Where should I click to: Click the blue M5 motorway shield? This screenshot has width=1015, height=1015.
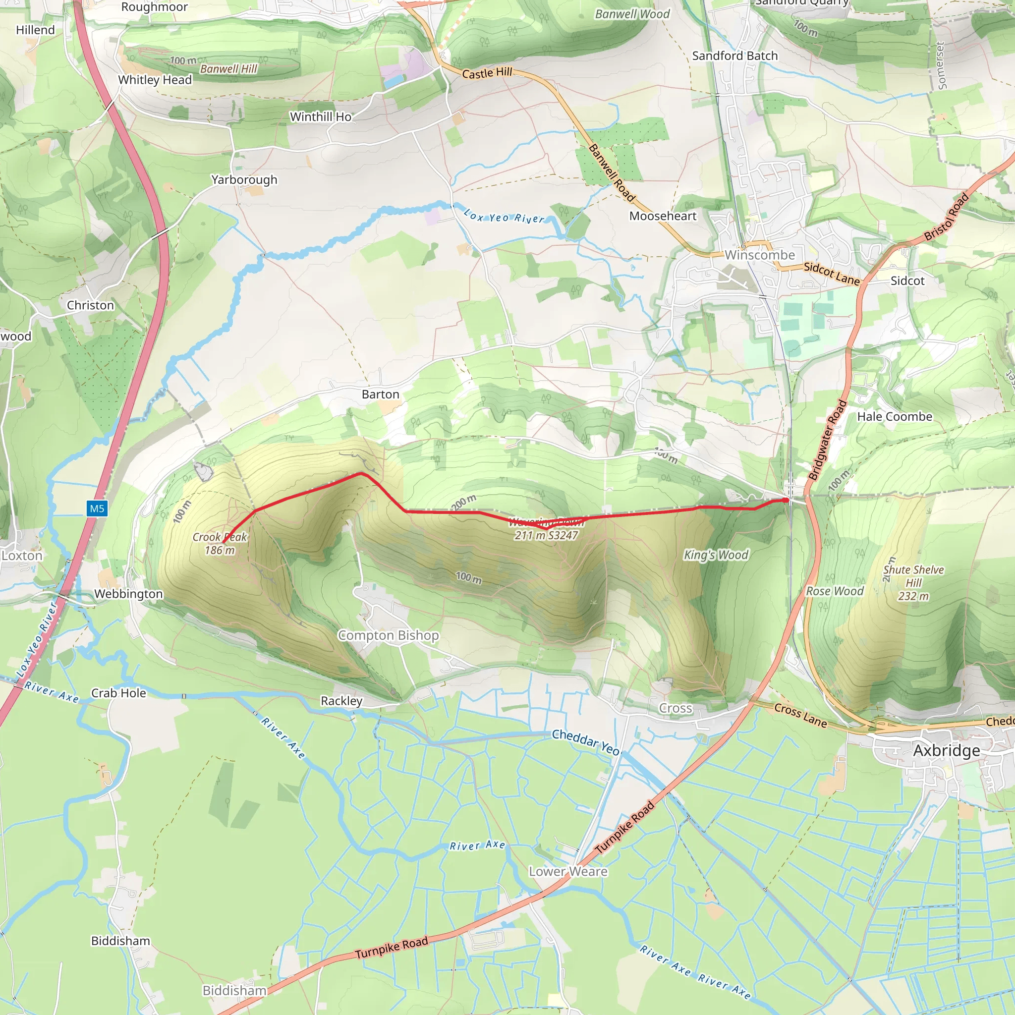coord(97,508)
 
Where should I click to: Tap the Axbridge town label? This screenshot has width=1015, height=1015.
coord(946,750)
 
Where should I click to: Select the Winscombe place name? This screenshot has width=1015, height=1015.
coord(760,255)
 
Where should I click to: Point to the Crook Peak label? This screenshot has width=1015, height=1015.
coord(220,537)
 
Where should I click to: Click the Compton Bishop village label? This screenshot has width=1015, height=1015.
coord(388,635)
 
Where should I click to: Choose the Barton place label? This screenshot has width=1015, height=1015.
coord(380,394)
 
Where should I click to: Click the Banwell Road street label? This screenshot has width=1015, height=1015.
coord(612,173)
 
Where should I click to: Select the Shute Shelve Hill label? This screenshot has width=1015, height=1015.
coord(913,576)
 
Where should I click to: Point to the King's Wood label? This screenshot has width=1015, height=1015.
coord(716,555)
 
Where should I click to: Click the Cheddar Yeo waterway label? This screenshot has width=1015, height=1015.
coord(586,741)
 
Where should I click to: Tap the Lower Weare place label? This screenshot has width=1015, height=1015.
coord(568,871)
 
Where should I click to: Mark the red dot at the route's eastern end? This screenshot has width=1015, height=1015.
coord(786,500)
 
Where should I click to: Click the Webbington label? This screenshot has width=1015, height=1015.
coord(129,594)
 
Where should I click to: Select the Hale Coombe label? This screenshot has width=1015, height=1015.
coord(895,417)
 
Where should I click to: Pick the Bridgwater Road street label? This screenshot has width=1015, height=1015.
coord(828,440)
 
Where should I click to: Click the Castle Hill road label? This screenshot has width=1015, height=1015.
coord(487,72)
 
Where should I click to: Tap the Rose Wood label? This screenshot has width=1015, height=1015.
coord(835,591)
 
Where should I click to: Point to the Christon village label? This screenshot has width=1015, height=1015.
coord(90,305)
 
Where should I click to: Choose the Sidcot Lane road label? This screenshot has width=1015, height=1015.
coord(832,273)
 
